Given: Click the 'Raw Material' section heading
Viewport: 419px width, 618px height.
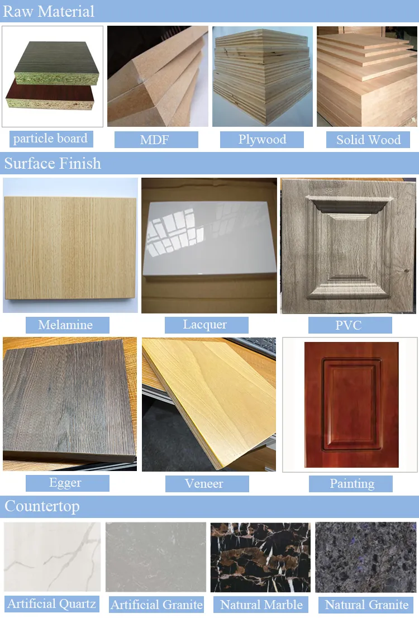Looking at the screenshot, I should tap(49, 11).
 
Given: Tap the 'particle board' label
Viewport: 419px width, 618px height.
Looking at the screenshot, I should tap(50, 138).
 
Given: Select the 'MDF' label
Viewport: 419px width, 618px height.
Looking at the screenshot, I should tap(155, 140).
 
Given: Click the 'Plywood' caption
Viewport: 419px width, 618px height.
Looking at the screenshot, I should tap(262, 139).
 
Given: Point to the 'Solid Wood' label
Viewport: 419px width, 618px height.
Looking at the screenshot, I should tap(368, 140).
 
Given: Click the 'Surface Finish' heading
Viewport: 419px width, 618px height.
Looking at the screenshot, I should tap(53, 164).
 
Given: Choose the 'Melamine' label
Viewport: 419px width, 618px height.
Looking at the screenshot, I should tap(66, 325).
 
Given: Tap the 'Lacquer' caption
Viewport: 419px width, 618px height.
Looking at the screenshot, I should tap(205, 324).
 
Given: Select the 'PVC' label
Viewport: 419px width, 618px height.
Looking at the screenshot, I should tap(349, 325).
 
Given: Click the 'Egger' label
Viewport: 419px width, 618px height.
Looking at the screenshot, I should tap(66, 483).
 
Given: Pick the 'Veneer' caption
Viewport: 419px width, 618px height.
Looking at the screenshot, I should tap(204, 483).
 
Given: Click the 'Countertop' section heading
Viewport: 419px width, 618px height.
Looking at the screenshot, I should tap(42, 506).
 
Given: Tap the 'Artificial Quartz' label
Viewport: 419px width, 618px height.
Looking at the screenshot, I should tap(52, 603).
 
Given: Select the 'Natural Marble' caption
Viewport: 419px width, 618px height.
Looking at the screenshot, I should tap(261, 605).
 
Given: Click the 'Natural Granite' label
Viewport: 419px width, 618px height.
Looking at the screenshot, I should tap(366, 605).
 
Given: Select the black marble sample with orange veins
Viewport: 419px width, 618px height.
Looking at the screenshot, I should tap(260, 557).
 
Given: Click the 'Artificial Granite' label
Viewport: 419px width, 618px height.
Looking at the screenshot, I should tap(156, 605).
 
